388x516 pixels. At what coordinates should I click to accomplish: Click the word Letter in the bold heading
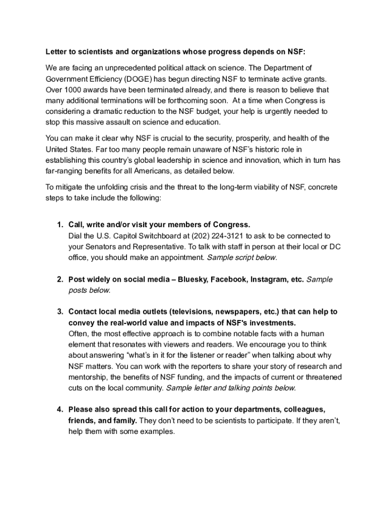(x=56, y=52)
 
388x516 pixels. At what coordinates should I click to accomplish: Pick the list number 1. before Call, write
(x=59, y=224)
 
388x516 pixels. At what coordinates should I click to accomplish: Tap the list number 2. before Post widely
(x=59, y=279)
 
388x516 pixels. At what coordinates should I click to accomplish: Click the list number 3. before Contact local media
(x=59, y=312)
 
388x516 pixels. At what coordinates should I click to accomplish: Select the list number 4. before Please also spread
(x=59, y=410)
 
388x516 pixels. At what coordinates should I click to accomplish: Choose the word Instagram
(x=270, y=279)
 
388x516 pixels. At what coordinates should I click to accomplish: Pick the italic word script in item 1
(x=242, y=257)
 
